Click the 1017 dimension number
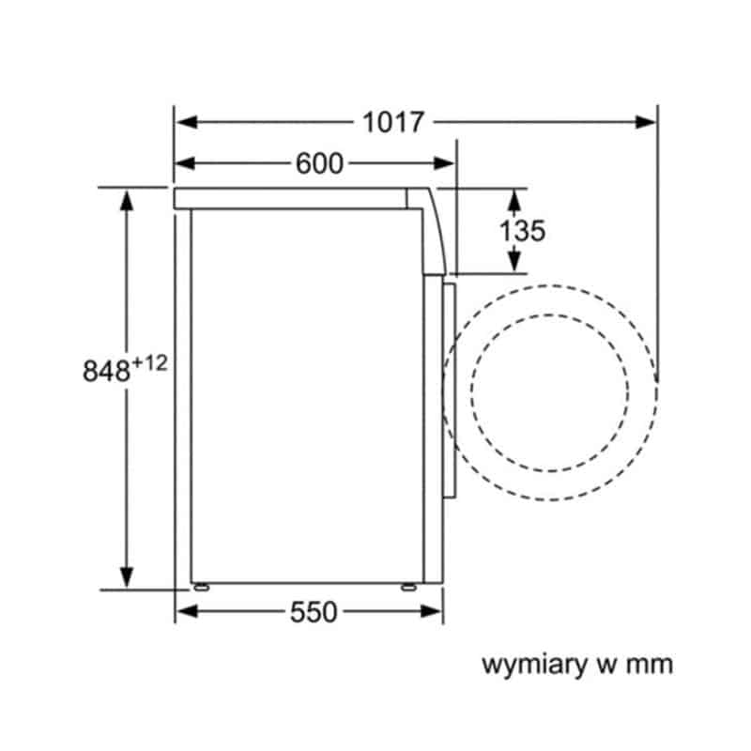click(x=393, y=122)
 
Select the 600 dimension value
click(x=319, y=163)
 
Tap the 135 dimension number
click(x=522, y=230)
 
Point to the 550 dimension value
click(x=314, y=612)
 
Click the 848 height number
click(x=106, y=371)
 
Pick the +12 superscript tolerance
click(x=149, y=363)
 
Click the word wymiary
click(x=534, y=666)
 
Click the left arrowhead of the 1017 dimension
click(x=186, y=122)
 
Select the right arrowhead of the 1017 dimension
click(x=645, y=122)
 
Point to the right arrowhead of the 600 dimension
click(x=443, y=163)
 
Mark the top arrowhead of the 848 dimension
click(x=127, y=200)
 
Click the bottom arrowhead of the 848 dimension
click(x=127, y=577)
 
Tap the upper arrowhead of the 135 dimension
click(x=513, y=200)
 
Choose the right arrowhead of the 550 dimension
click(x=431, y=611)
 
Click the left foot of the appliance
click(x=201, y=586)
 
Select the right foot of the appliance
click(x=408, y=586)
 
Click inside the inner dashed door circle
click(x=550, y=392)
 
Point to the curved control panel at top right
click(x=430, y=231)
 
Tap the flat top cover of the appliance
click(x=290, y=198)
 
